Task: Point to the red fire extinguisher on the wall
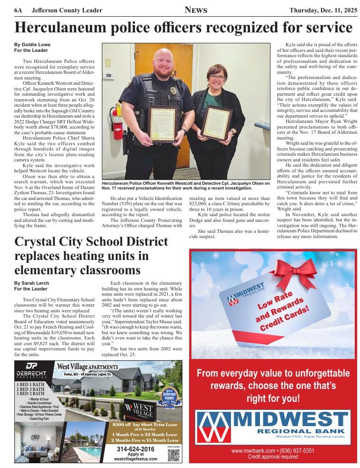click(x=116, y=117)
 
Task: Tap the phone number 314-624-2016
click(x=135, y=449)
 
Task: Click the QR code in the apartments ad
click(x=173, y=455)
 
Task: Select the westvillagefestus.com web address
click(x=135, y=459)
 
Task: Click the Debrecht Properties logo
click(x=32, y=369)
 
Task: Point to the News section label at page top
click(x=195, y=10)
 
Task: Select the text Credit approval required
click(x=273, y=457)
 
